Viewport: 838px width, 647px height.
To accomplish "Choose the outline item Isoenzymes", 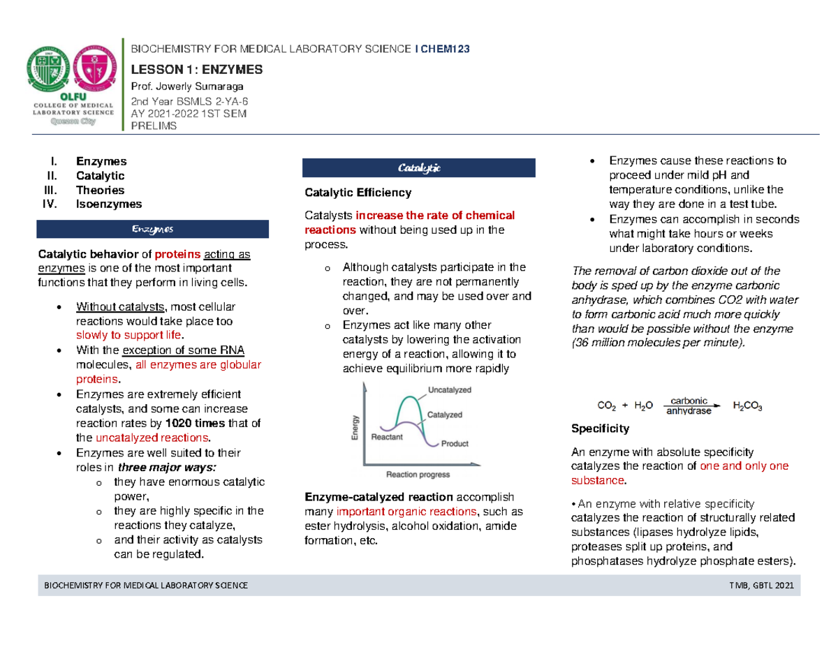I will pyautogui.click(x=111, y=204).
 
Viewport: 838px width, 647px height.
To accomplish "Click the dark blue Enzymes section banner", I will pyautogui.click(x=152, y=230).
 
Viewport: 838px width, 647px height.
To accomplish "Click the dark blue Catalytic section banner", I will pyautogui.click(x=418, y=168).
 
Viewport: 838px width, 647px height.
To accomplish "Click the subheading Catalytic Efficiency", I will pyautogui.click(x=358, y=192).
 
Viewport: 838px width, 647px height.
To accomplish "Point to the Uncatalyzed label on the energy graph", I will pyautogui.click(x=447, y=389).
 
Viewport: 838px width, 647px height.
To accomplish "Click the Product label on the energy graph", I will pyautogui.click(x=455, y=443).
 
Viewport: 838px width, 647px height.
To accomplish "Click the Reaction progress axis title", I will pyautogui.click(x=418, y=475).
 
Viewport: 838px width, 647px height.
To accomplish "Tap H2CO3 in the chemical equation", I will pyautogui.click(x=747, y=406).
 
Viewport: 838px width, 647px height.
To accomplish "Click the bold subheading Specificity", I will pyautogui.click(x=601, y=428).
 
